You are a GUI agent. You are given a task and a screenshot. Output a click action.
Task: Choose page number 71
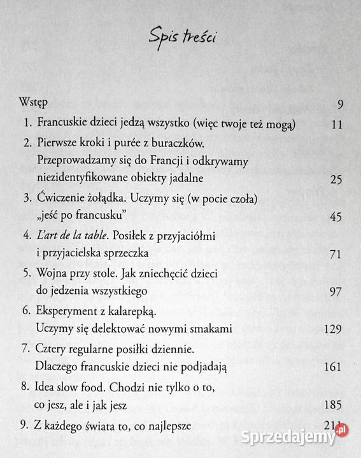[337, 254]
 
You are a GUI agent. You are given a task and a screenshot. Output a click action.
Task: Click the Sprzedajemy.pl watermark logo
[305, 439]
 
